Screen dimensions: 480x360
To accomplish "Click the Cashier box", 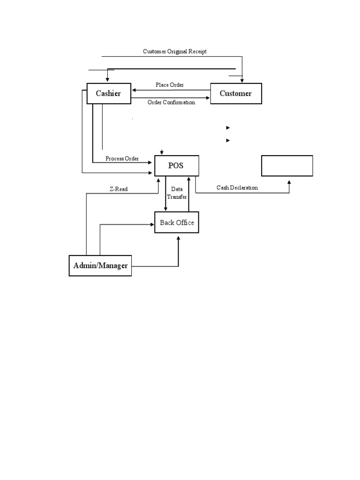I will [109, 93].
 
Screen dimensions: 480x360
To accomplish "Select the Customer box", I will [236, 93].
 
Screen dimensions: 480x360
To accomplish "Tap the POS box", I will [176, 166].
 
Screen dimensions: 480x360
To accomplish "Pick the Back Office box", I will [177, 223].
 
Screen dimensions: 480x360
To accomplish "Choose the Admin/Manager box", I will [100, 266].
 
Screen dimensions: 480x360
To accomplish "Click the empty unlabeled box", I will [287, 166].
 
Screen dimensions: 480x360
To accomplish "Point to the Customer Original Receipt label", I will [174, 52].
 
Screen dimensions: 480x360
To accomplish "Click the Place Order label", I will [170, 85].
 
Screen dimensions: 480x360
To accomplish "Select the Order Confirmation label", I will [171, 102].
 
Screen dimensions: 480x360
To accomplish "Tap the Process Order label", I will [122, 158].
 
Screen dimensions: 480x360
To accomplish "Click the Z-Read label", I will [119, 189].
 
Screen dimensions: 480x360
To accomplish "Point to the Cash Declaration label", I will [237, 187].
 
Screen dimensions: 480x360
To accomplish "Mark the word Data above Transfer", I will [177, 189].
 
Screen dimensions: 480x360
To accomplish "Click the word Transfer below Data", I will [177, 197].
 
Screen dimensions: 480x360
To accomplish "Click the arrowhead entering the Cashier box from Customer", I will [134, 90].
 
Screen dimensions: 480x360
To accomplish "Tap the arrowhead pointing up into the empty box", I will [289, 180].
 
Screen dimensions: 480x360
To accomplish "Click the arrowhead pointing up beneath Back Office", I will [179, 238].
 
